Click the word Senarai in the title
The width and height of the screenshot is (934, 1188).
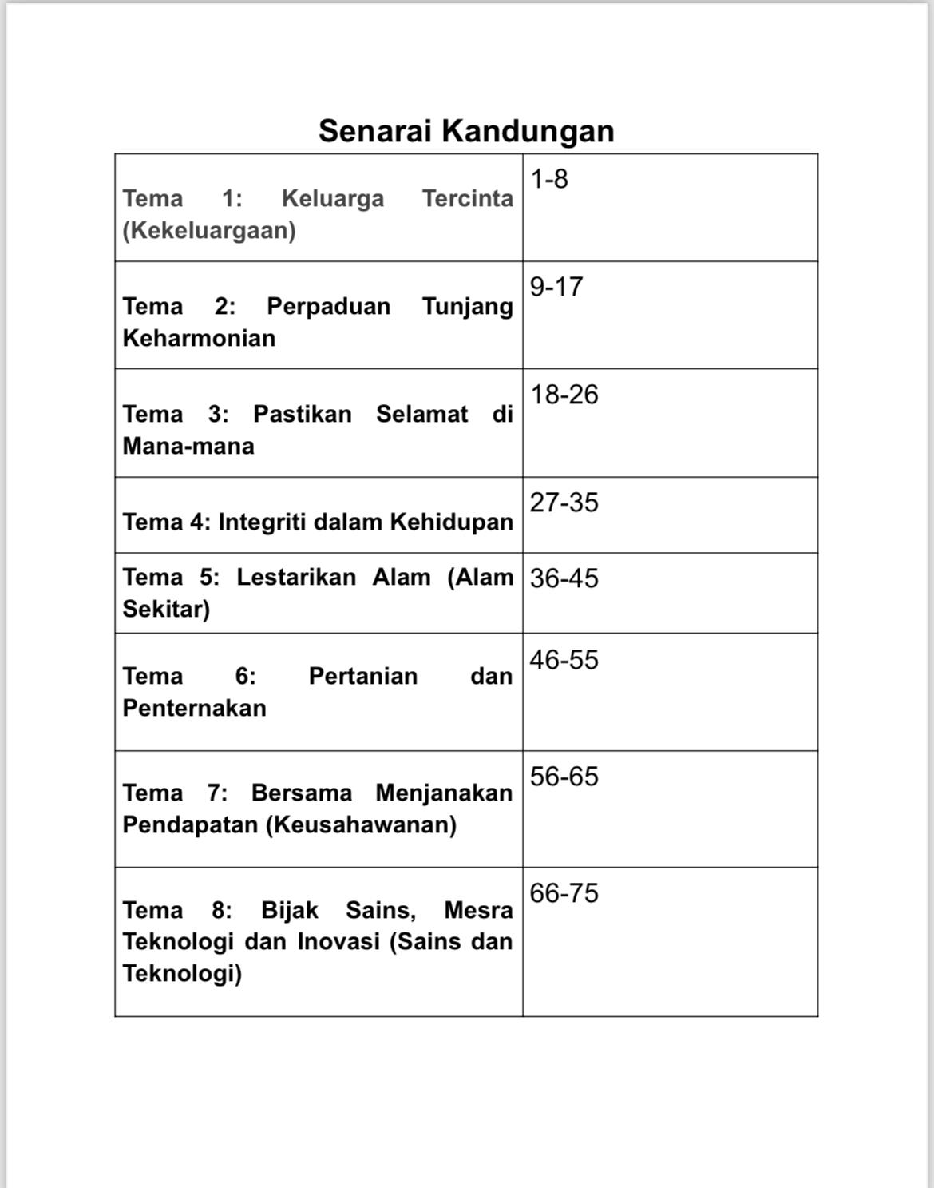tap(374, 130)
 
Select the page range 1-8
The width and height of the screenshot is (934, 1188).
tap(549, 179)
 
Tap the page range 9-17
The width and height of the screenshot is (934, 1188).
tap(556, 287)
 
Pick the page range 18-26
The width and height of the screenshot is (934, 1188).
tap(564, 395)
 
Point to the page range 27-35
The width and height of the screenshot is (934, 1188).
tap(564, 503)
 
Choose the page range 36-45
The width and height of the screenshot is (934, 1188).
tap(564, 578)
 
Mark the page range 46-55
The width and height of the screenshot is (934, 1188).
tap(564, 660)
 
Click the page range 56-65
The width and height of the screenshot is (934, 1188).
tap(564, 777)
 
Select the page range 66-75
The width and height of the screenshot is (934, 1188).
tap(564, 893)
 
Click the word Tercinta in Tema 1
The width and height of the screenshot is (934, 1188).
tap(468, 198)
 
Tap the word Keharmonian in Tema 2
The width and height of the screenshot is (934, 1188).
tap(199, 338)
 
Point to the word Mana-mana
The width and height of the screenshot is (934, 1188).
tap(188, 446)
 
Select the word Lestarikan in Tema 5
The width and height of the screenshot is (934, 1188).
tap(296, 577)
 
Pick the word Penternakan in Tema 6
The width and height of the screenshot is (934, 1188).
tap(194, 708)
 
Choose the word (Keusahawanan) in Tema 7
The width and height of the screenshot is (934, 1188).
tap(362, 824)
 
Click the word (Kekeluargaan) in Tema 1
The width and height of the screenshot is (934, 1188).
tap(209, 230)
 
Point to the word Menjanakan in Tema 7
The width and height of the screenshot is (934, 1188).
tap(444, 793)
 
